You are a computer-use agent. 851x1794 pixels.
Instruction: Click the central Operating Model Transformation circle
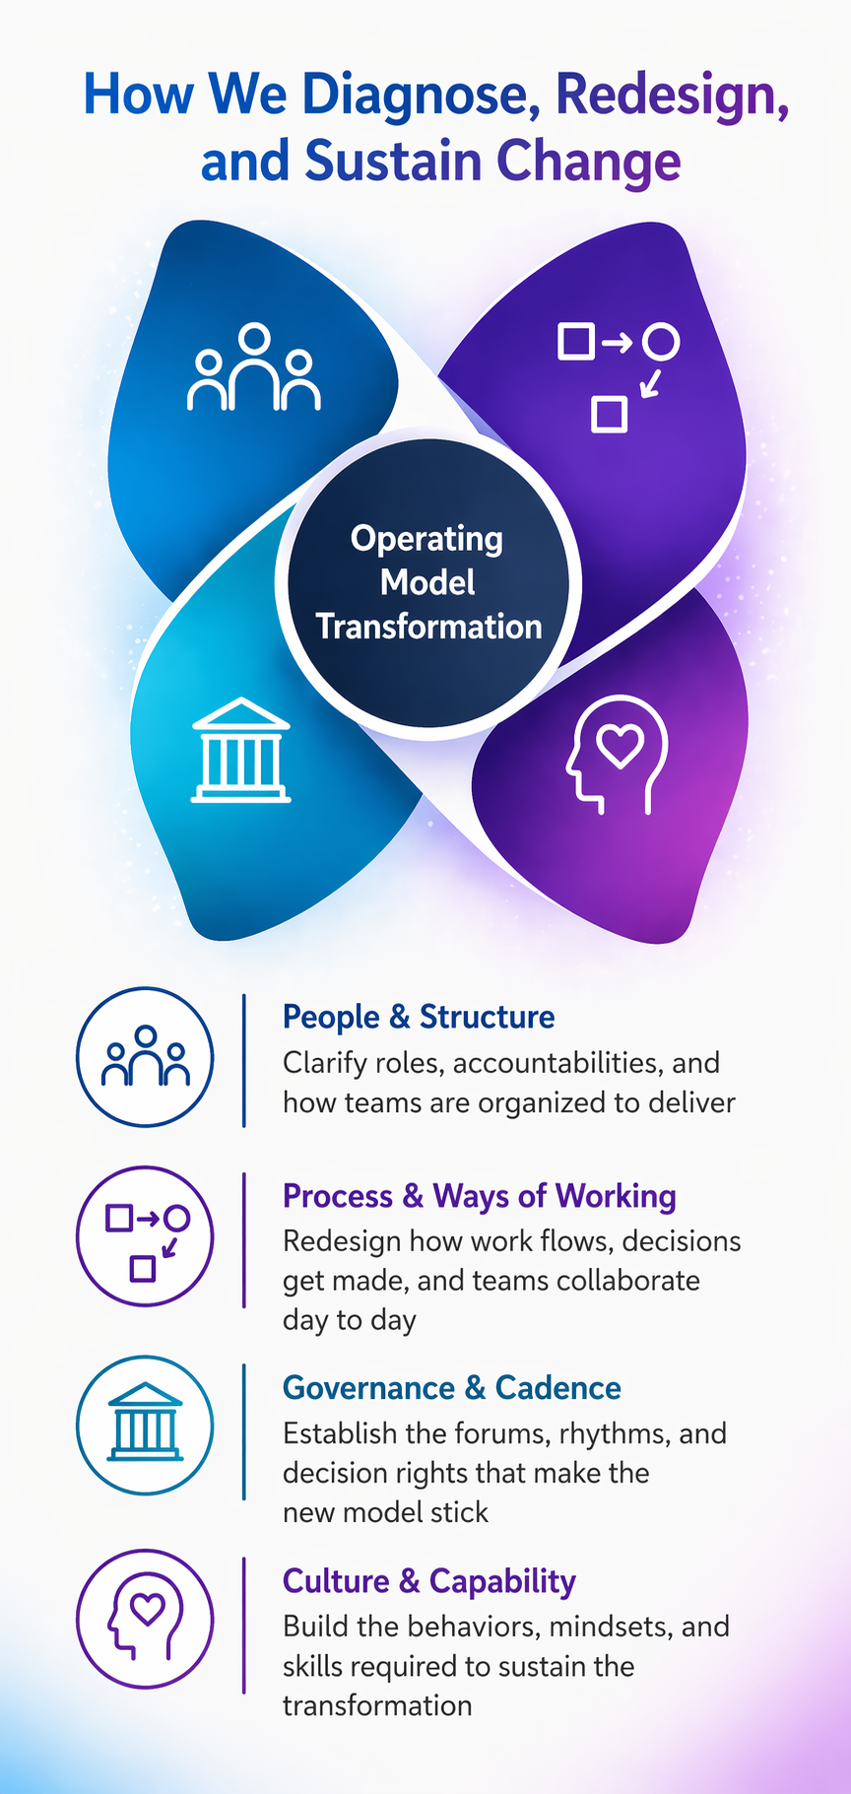pyautogui.click(x=428, y=582)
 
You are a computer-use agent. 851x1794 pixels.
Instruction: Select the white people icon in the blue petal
pyautogui.click(x=254, y=366)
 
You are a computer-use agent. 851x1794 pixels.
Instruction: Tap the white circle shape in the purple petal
pyautogui.click(x=661, y=342)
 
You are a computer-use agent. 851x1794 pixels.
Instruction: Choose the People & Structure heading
pyautogui.click(x=419, y=1017)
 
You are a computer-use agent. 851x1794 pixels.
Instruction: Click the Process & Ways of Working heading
pyautogui.click(x=480, y=1196)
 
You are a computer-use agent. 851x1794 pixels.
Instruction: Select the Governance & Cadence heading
pyautogui.click(x=452, y=1388)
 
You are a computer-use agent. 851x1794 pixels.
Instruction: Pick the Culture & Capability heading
pyautogui.click(x=429, y=1581)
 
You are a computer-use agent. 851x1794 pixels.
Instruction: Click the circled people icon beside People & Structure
pyautogui.click(x=145, y=1057)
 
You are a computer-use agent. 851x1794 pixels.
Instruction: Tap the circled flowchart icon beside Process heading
pyautogui.click(x=145, y=1237)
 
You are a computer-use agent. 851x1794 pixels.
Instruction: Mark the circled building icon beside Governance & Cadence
pyautogui.click(x=145, y=1425)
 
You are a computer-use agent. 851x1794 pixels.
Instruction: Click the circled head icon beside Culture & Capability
pyautogui.click(x=145, y=1619)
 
